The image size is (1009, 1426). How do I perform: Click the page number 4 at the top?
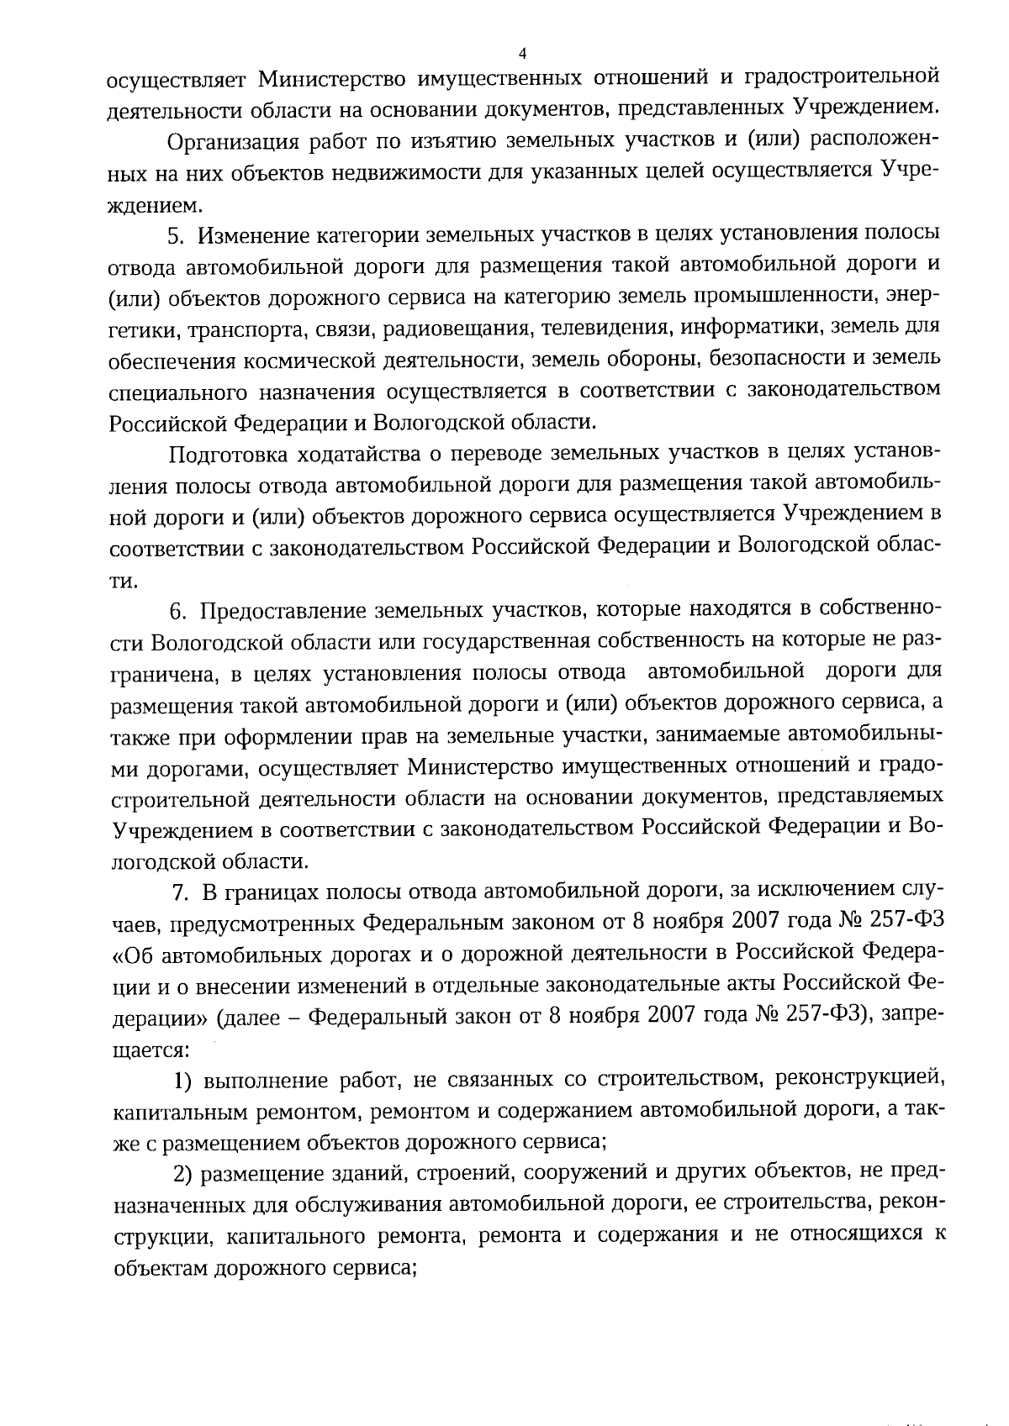click(x=522, y=54)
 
